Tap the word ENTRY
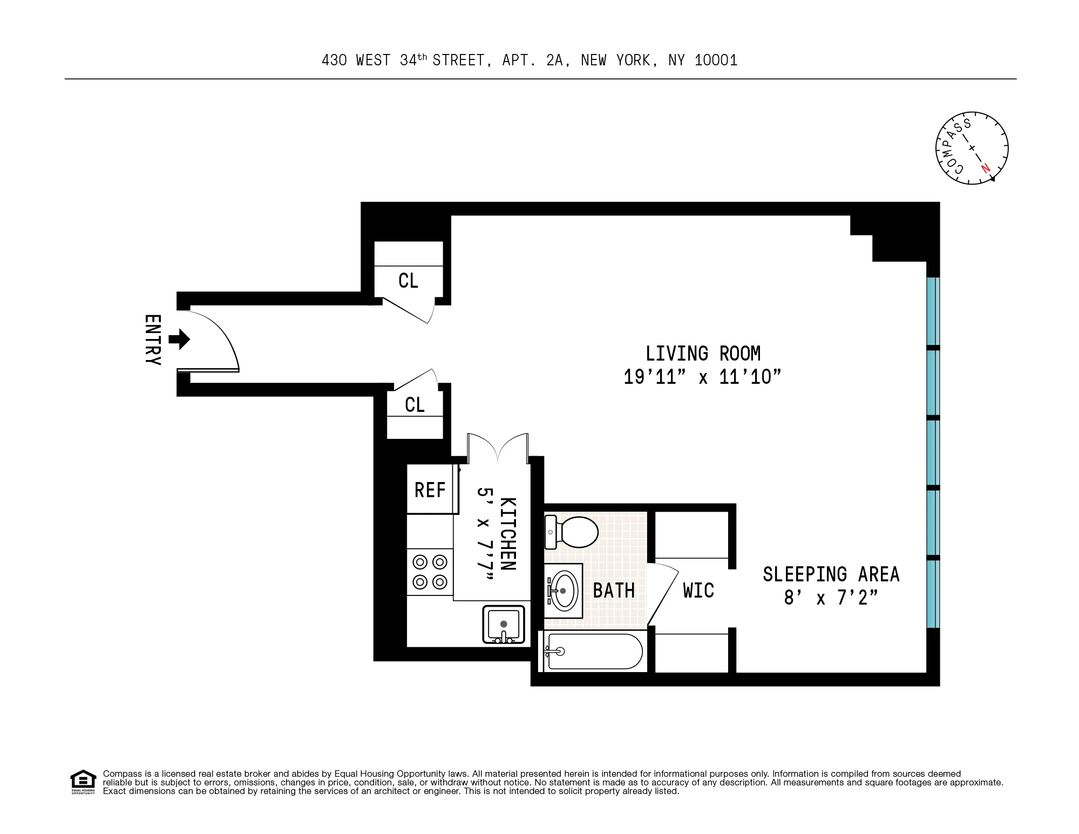point(153,340)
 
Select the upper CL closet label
point(408,281)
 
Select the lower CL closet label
point(415,405)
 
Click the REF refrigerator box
point(430,490)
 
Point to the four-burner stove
point(430,572)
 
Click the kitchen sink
point(504,625)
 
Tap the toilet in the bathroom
point(572,532)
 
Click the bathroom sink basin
point(564,591)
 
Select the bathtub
point(594,652)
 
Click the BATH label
point(614,591)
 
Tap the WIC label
point(698,591)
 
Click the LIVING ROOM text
point(703,354)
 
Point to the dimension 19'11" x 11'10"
point(702,377)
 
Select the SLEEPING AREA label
point(831,574)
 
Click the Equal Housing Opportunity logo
point(83,782)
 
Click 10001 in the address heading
point(716,60)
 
